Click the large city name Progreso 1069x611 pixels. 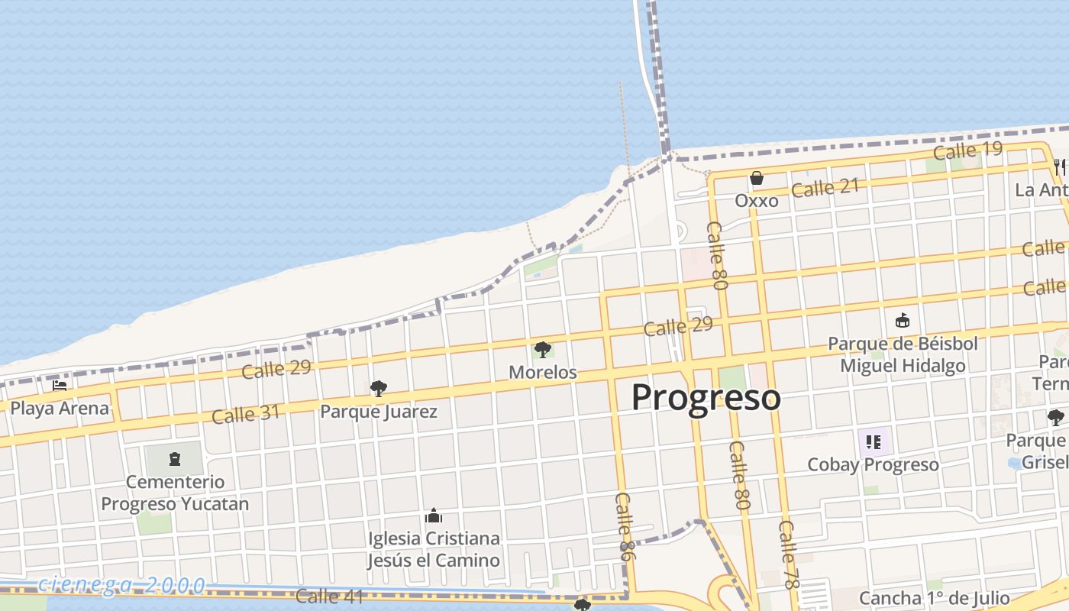click(706, 398)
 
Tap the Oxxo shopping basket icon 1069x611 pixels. click(757, 179)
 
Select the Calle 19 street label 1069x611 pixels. click(967, 150)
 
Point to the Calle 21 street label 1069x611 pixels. click(825, 187)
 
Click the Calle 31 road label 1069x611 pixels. click(246, 415)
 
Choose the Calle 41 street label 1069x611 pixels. click(329, 596)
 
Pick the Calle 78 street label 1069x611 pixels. click(789, 554)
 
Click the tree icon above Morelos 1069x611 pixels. click(543, 351)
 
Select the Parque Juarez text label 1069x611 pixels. click(379, 412)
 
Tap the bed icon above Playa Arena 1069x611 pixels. click(60, 386)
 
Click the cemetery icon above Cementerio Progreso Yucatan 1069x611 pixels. click(175, 459)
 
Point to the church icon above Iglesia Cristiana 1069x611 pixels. click(434, 516)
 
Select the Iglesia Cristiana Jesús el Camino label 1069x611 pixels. click(434, 549)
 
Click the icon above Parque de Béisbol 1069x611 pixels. click(902, 320)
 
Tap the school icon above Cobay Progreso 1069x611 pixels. click(874, 441)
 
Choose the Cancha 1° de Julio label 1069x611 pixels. click(934, 598)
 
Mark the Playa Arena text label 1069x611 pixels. click(60, 408)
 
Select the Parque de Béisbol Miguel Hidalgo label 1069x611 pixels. click(902, 354)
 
